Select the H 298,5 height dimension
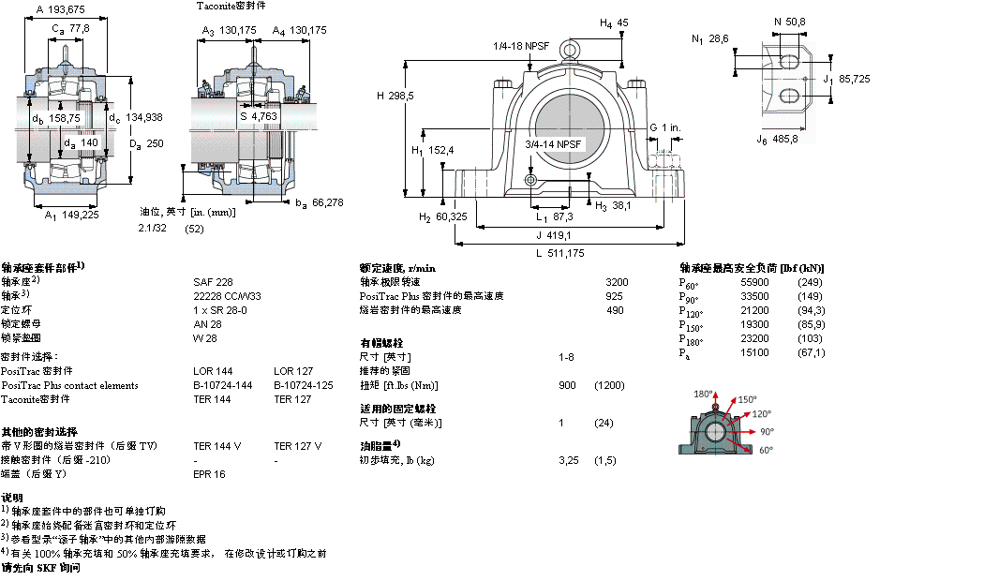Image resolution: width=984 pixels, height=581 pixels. click(x=395, y=96)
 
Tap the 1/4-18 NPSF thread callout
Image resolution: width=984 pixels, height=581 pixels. click(x=520, y=45)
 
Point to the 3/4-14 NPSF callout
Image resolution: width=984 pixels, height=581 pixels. click(x=553, y=144)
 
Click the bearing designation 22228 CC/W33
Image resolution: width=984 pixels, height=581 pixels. click(x=228, y=295)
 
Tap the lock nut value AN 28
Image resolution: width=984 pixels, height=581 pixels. click(x=206, y=323)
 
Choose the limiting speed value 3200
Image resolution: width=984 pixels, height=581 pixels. click(x=617, y=281)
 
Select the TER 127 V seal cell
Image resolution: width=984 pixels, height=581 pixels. click(x=297, y=446)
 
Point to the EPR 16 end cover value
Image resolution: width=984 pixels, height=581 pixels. click(x=209, y=474)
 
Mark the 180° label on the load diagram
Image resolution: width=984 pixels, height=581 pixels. click(x=703, y=394)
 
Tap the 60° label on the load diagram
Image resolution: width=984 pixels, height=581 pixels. click(x=766, y=451)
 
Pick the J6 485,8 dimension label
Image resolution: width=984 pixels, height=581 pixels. click(x=777, y=139)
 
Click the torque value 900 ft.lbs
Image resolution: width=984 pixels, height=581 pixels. click(x=567, y=385)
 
